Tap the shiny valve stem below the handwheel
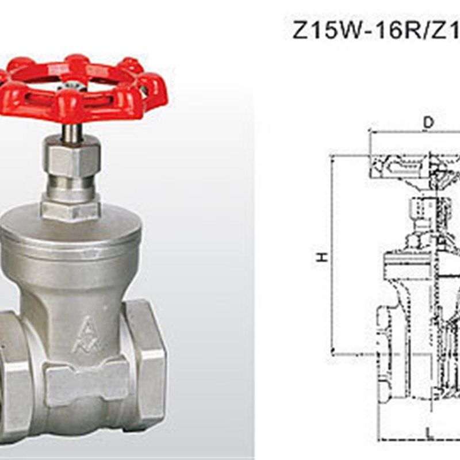click(71, 133)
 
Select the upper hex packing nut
click(72, 159)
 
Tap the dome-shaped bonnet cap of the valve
click(71, 232)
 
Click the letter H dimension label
click(322, 257)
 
